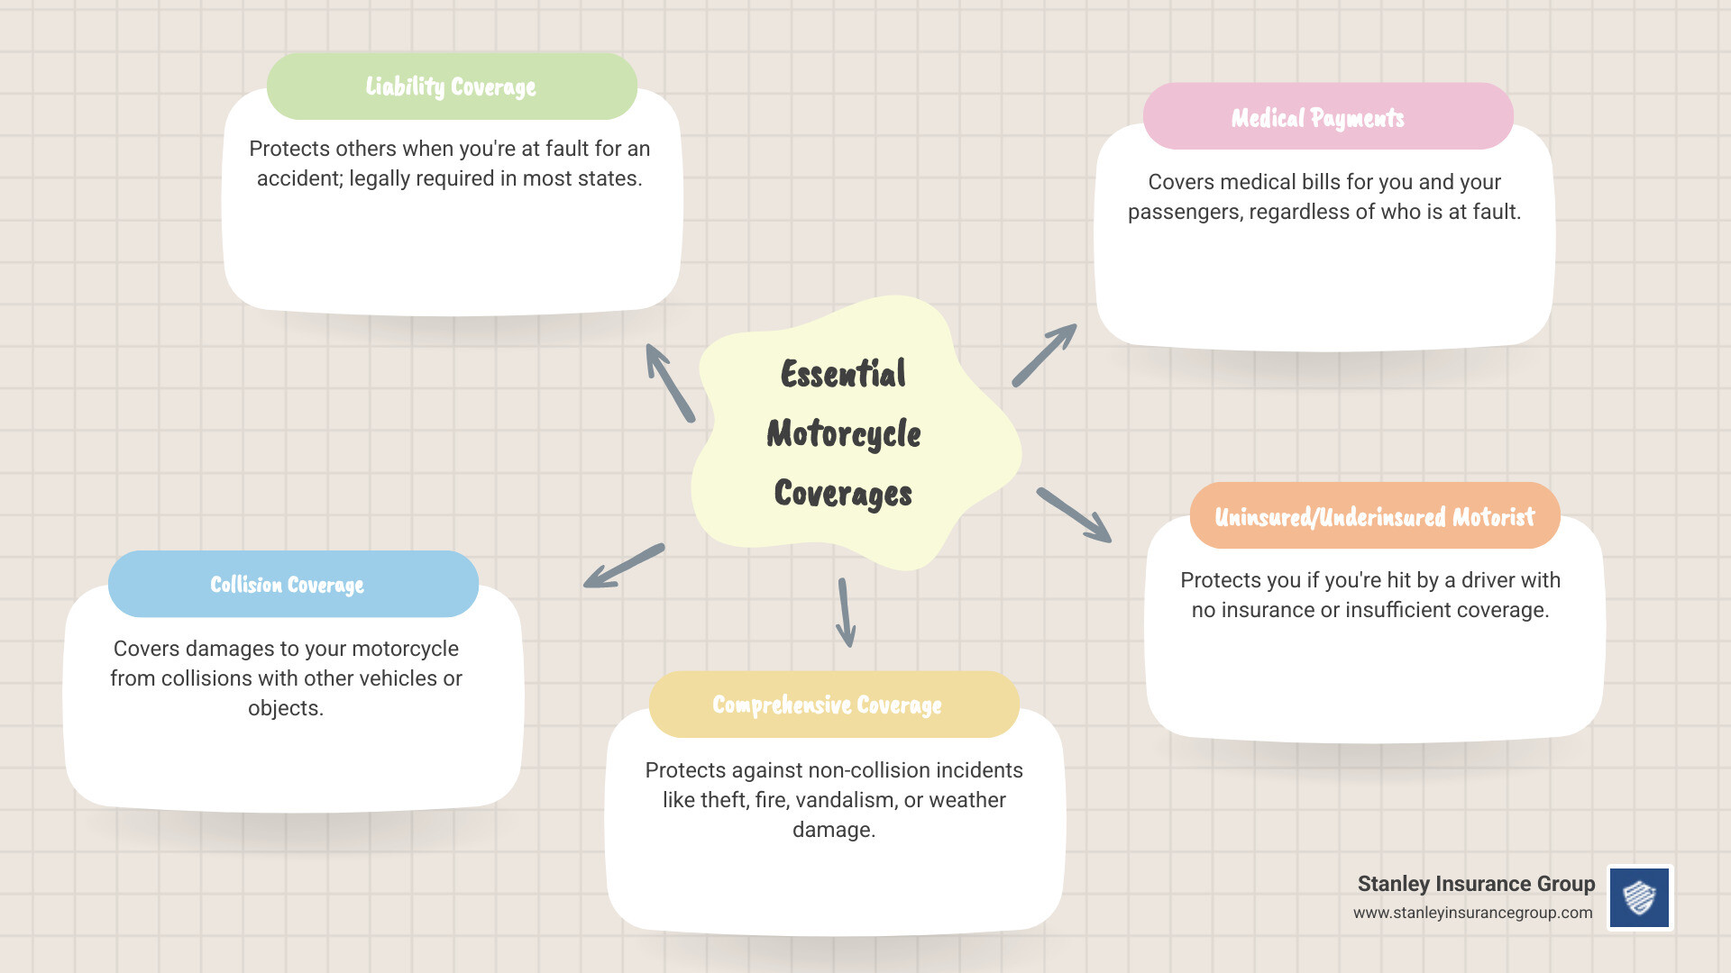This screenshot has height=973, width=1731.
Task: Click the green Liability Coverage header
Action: [x=452, y=86]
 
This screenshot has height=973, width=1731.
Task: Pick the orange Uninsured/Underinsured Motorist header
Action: [x=1374, y=516]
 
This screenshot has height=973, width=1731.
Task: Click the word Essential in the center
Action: [x=843, y=374]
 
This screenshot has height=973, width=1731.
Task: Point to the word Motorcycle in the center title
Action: [x=844, y=433]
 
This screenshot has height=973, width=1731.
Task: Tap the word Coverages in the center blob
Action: [x=843, y=493]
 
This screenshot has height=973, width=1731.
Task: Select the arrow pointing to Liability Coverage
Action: [x=670, y=383]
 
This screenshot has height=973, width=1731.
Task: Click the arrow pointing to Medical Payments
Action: [x=1044, y=355]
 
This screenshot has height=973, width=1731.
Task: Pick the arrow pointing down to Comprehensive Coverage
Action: [x=846, y=613]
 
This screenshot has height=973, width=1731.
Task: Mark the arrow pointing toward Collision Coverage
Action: [x=624, y=566]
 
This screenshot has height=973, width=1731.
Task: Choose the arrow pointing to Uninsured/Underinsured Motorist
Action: [x=1074, y=515]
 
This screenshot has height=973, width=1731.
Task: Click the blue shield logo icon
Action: [x=1640, y=897]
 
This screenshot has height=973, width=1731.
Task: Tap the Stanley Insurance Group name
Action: [x=1476, y=884]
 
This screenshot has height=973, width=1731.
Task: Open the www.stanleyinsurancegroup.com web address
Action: [x=1472, y=913]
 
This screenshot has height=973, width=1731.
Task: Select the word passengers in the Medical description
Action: [x=1184, y=212]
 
